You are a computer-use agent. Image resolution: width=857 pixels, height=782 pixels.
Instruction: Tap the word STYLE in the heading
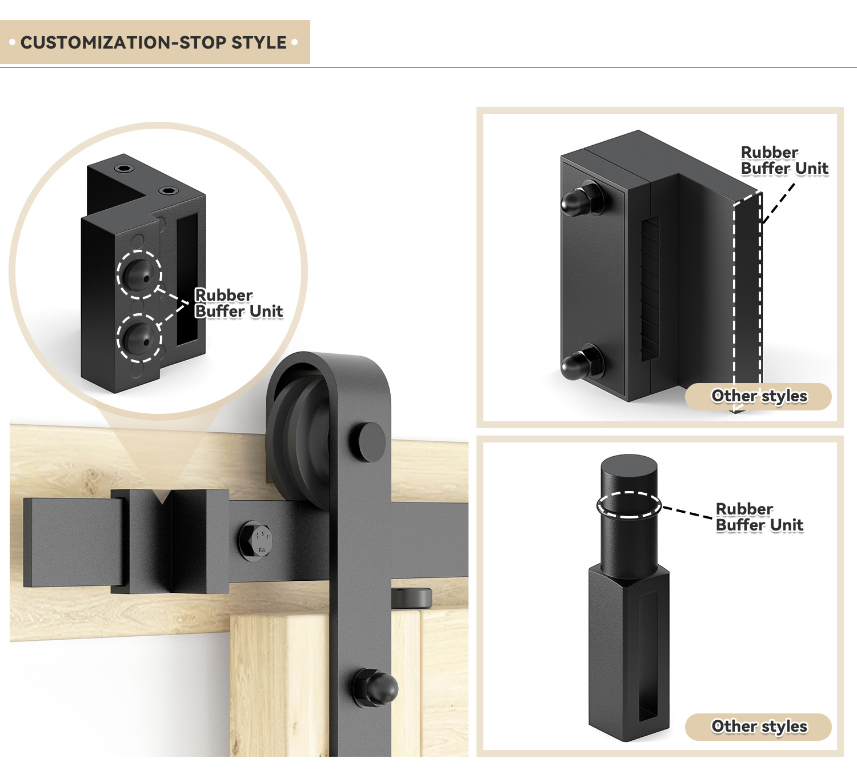(x=259, y=42)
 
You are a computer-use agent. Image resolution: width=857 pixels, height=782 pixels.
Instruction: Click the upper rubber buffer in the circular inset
(x=138, y=274)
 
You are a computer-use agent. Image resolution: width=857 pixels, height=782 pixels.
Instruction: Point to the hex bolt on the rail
(x=255, y=541)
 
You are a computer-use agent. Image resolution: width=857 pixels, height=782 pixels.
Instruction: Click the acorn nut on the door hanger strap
(x=375, y=688)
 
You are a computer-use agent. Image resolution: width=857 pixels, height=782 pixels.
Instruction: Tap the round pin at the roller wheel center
(x=367, y=442)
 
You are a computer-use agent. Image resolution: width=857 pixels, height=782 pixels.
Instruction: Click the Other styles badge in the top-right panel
(x=758, y=396)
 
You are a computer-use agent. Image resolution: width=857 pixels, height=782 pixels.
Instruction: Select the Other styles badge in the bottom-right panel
(x=758, y=727)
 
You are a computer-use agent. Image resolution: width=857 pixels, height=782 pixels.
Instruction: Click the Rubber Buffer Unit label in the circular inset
(x=238, y=303)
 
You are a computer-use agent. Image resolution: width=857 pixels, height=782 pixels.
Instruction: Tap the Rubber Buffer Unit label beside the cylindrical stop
(x=759, y=517)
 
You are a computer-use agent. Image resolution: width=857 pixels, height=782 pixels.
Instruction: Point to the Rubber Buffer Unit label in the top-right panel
(x=784, y=160)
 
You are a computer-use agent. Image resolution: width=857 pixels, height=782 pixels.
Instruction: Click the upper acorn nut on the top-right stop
(x=582, y=198)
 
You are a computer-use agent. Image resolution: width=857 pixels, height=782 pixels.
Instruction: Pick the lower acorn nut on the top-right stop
(x=582, y=362)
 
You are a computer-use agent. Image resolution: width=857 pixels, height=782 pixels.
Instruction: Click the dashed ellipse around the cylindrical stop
(x=629, y=505)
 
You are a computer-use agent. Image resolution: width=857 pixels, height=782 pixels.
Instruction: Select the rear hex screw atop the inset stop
(x=124, y=169)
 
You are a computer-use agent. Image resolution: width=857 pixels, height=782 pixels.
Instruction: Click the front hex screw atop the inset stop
(x=168, y=191)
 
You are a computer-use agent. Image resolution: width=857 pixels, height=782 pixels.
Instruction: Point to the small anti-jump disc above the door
(x=411, y=597)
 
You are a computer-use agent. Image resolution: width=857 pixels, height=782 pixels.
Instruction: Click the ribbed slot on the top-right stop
(x=650, y=289)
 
